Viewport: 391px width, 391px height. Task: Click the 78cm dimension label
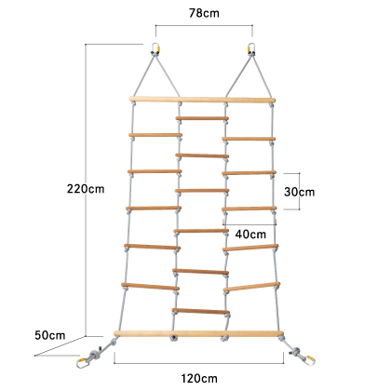(x=204, y=13)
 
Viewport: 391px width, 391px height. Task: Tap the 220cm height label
(x=86, y=189)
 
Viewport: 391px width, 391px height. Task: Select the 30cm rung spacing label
(x=299, y=192)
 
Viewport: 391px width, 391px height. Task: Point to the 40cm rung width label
(x=250, y=234)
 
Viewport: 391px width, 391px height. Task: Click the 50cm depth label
(x=50, y=335)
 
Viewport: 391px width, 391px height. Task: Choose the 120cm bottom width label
(x=199, y=379)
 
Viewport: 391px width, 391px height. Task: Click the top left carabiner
(x=155, y=49)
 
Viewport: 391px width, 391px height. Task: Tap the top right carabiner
(x=251, y=49)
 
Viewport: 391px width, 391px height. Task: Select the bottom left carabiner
(x=83, y=363)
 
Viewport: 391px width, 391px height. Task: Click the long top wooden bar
(x=202, y=100)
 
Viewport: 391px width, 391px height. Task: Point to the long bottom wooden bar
(x=199, y=334)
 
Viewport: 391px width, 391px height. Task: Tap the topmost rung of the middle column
(x=202, y=118)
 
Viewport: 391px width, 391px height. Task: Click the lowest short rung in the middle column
(x=201, y=311)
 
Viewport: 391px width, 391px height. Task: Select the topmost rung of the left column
(x=155, y=135)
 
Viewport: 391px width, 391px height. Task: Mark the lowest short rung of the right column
(x=251, y=287)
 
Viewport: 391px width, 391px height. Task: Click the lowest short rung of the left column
(x=151, y=286)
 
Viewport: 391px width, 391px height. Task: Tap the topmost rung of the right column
(x=249, y=139)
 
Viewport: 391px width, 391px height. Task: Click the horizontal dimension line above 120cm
(x=198, y=363)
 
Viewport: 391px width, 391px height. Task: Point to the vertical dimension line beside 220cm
(x=86, y=190)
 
